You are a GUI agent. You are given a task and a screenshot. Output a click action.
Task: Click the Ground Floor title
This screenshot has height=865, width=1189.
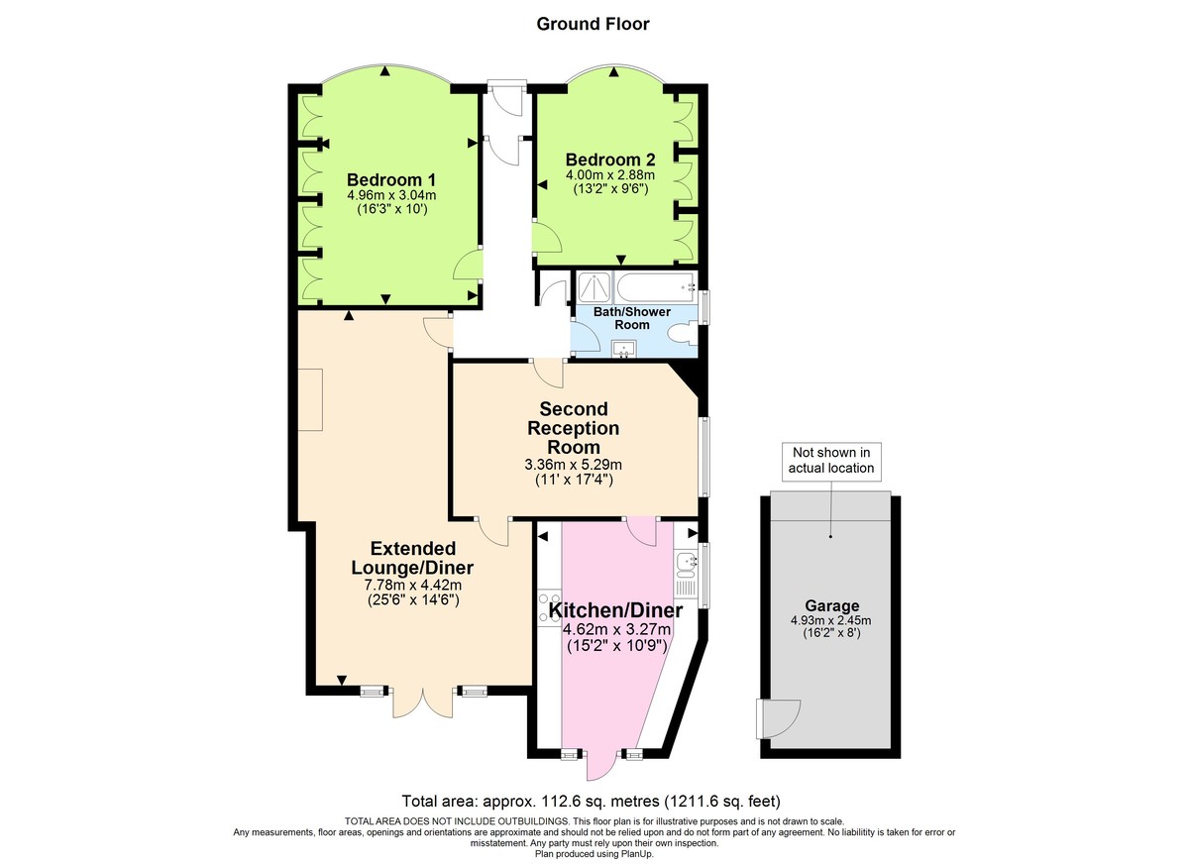point(593,24)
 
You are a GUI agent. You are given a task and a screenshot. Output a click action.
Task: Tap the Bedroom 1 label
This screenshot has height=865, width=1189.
point(391,179)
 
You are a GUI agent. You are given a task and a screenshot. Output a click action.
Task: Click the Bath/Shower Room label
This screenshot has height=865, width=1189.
point(632,318)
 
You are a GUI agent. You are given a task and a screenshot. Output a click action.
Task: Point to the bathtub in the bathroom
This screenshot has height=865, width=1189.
point(655,288)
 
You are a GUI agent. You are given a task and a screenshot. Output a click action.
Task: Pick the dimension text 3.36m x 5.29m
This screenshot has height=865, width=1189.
point(574,465)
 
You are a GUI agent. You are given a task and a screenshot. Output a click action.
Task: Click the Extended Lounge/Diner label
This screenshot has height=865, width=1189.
point(412,558)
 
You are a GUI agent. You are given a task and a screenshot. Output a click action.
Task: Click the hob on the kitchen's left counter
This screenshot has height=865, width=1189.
point(545,606)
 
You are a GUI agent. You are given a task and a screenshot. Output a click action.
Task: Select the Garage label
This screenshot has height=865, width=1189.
point(831,605)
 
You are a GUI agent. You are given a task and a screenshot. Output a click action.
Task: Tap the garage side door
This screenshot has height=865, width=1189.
point(778,717)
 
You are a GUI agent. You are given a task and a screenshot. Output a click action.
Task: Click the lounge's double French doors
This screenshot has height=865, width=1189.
point(423,701)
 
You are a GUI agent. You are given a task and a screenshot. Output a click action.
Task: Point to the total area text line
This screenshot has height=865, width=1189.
point(592,801)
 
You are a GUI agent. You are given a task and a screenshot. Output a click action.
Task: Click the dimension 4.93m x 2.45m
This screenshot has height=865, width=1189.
point(831,621)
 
